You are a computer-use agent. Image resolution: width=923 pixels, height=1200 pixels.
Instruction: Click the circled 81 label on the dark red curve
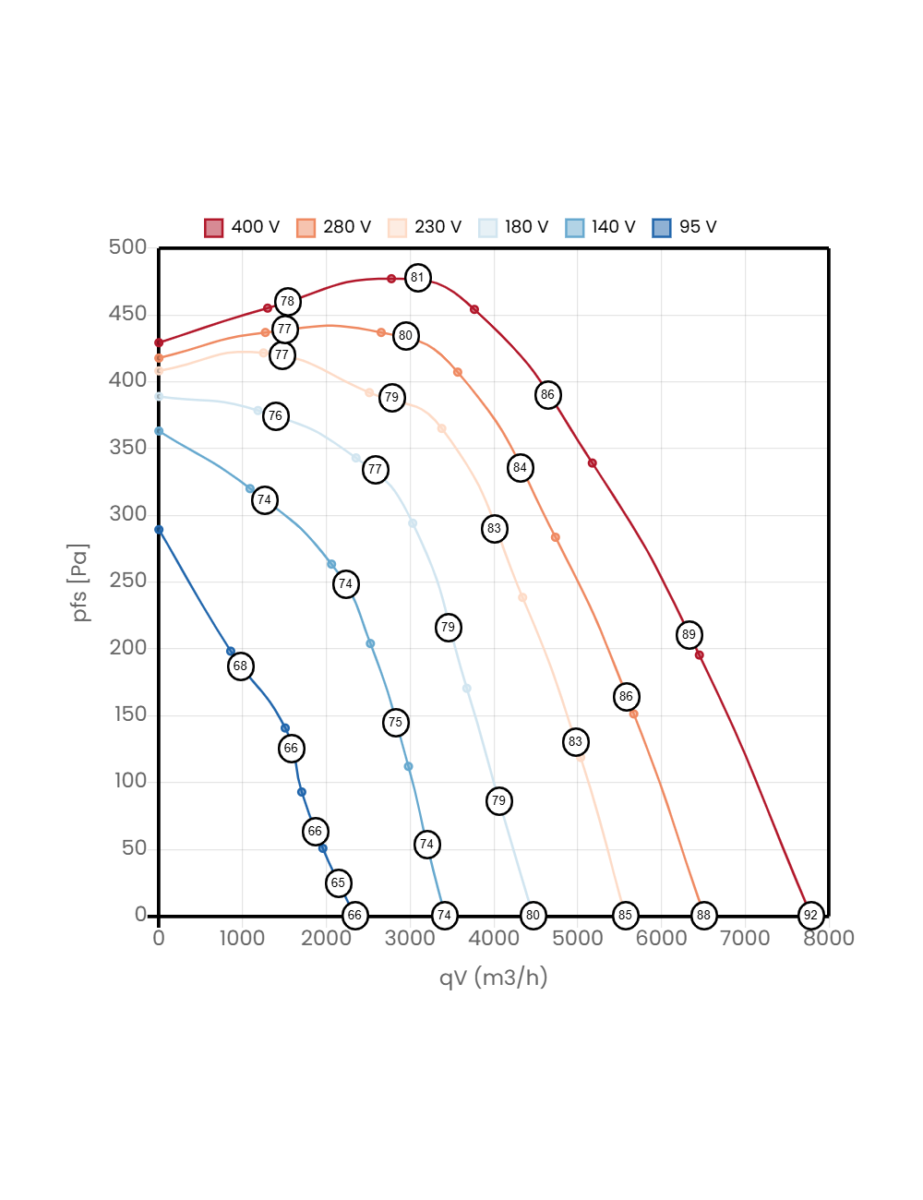[418, 277]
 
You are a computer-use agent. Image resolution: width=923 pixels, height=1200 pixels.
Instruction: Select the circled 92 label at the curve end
[810, 915]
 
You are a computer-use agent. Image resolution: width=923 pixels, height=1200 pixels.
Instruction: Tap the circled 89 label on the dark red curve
[689, 634]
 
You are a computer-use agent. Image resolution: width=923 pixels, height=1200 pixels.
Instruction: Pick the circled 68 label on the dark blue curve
[240, 666]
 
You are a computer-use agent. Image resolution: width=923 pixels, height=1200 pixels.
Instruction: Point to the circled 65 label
[338, 882]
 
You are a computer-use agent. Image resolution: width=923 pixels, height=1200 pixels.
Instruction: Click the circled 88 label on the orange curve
[703, 915]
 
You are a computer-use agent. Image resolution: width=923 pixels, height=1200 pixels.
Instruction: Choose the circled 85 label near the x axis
[625, 915]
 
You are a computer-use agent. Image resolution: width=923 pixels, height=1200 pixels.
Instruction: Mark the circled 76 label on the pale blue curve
[275, 415]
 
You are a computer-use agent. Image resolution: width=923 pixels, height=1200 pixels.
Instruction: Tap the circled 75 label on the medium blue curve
[395, 722]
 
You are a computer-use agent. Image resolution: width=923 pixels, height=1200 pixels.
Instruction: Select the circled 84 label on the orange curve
[520, 467]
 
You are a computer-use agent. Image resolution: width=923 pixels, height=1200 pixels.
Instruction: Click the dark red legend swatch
[214, 228]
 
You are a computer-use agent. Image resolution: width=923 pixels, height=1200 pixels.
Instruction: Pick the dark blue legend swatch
[662, 228]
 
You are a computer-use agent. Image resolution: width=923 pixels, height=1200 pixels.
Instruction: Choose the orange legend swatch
[306, 228]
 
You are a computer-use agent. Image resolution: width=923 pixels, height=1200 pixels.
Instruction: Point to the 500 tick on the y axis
[127, 246]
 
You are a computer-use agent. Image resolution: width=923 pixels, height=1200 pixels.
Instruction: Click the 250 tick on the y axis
[127, 580]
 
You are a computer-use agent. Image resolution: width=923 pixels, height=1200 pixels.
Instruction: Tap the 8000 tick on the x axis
[828, 938]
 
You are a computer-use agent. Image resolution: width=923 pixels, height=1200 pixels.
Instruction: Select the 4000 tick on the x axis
[494, 938]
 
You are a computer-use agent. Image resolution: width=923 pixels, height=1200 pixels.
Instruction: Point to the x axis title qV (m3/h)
[493, 977]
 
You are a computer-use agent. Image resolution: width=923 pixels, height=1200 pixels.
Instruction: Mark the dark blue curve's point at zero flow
[159, 530]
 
